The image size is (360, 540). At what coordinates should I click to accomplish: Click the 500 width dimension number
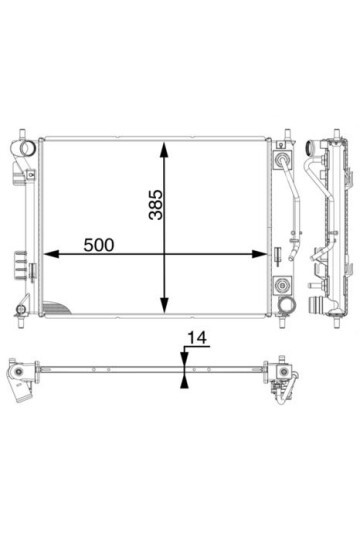point(99,245)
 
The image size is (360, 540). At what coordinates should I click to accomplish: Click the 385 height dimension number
point(155,204)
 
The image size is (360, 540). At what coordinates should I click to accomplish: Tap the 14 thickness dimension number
point(197,338)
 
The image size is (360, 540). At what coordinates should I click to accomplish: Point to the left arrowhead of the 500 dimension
point(51,254)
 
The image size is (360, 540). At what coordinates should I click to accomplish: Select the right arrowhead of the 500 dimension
point(260,254)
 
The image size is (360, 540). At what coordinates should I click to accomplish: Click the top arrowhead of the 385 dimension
point(165,149)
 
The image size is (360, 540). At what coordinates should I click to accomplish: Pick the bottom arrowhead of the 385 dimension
point(165,306)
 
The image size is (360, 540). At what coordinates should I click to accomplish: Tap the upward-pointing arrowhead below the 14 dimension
point(184,382)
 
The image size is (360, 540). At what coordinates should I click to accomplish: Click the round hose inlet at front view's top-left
point(27,148)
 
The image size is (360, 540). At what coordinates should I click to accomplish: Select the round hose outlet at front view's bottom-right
point(287,304)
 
